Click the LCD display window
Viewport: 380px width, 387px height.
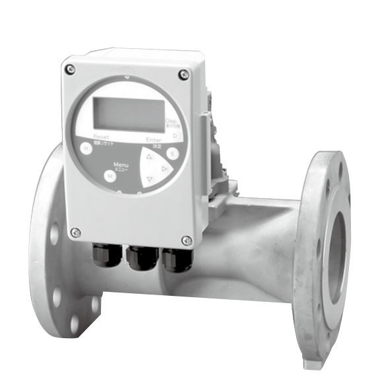coord(128,114)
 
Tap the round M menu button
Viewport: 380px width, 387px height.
coord(110,176)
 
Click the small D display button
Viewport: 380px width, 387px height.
coord(175,135)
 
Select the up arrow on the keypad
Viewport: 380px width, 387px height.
coord(149,158)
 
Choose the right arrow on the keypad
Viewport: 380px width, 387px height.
coord(165,169)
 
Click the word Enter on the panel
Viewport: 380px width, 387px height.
coord(153,140)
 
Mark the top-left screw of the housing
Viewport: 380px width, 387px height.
coord(71,69)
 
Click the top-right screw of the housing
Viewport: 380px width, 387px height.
coord(184,75)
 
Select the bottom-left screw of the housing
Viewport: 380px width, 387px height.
coord(76,232)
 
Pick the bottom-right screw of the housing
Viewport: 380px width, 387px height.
coord(187,241)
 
